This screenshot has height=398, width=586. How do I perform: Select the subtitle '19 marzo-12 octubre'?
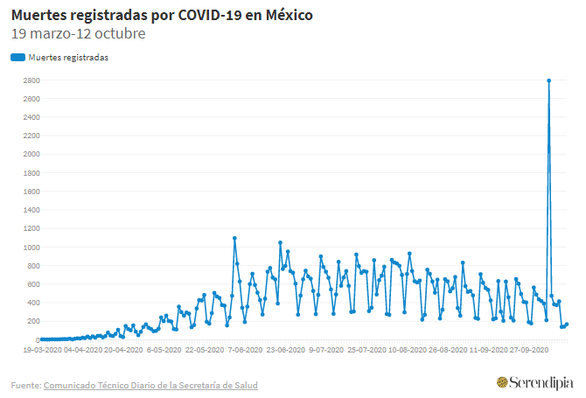78,34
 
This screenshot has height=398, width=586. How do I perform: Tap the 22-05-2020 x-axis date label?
204,349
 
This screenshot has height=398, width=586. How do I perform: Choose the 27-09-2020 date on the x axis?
527,349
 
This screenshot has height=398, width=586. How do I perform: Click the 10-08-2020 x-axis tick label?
406,349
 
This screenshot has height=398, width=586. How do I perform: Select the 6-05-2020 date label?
164,349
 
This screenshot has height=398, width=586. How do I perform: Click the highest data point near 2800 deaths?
548,80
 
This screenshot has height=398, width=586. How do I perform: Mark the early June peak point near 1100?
234,238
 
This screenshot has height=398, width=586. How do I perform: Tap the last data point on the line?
567,325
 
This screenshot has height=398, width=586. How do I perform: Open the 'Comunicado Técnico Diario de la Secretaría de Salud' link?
150,385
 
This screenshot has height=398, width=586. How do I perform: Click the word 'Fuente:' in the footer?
25,385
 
